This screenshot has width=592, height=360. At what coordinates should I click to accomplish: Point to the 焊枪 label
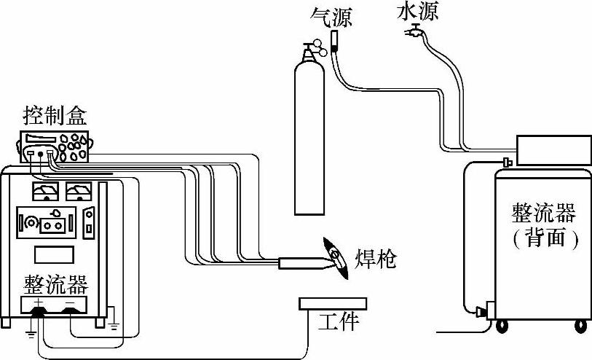(376, 259)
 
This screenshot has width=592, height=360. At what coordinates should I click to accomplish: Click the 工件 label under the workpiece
(339, 321)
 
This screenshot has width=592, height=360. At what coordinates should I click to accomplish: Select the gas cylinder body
(309, 138)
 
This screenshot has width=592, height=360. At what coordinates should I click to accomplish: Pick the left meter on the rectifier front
(46, 192)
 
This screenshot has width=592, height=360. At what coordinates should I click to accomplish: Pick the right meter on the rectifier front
(78, 192)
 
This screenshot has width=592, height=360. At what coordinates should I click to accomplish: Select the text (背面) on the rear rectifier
(545, 240)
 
